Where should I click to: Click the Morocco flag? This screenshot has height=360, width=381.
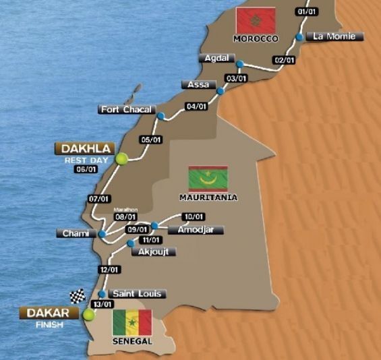256,21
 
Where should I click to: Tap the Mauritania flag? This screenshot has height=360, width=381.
208,178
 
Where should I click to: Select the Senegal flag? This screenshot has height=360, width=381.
132,323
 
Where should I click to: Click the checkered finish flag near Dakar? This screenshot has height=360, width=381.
78,297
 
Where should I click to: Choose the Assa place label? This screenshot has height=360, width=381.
197,85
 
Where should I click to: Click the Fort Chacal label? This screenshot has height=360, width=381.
127,109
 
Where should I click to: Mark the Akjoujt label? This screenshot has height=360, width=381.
156,251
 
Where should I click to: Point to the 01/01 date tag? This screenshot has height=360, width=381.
305,11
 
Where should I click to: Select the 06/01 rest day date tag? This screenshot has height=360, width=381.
87,169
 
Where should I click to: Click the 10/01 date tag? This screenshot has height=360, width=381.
194,217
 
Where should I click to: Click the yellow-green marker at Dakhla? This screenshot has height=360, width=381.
122,158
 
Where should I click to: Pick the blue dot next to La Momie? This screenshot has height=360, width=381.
299,37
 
